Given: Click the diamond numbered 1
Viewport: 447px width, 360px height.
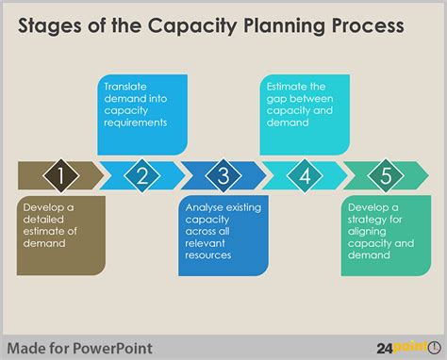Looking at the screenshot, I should coord(61,175).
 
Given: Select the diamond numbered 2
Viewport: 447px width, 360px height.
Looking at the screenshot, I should coord(142,175).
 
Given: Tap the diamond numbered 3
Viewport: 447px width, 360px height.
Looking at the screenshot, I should coord(223,175).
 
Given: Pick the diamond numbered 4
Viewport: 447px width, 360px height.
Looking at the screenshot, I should coord(305,175).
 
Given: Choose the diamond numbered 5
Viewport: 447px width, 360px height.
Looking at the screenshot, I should coord(385,175).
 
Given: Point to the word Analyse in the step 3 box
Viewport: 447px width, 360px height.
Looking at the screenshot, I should coord(207,206).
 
